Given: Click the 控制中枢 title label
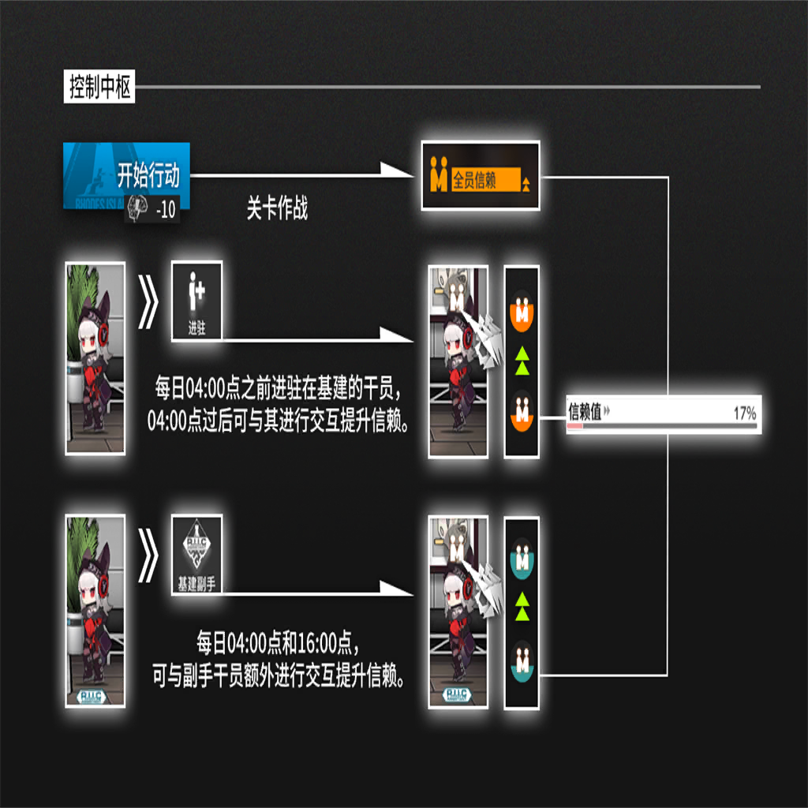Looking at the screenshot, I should [99, 87].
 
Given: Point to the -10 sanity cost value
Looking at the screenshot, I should [166, 211].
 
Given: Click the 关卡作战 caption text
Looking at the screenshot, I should [277, 210].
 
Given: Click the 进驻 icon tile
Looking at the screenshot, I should [196, 301].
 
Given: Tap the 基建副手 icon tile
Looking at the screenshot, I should [196, 554].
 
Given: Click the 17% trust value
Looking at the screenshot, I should [744, 412].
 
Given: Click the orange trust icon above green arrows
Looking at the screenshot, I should [522, 310].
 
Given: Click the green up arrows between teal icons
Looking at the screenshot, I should [522, 607].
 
